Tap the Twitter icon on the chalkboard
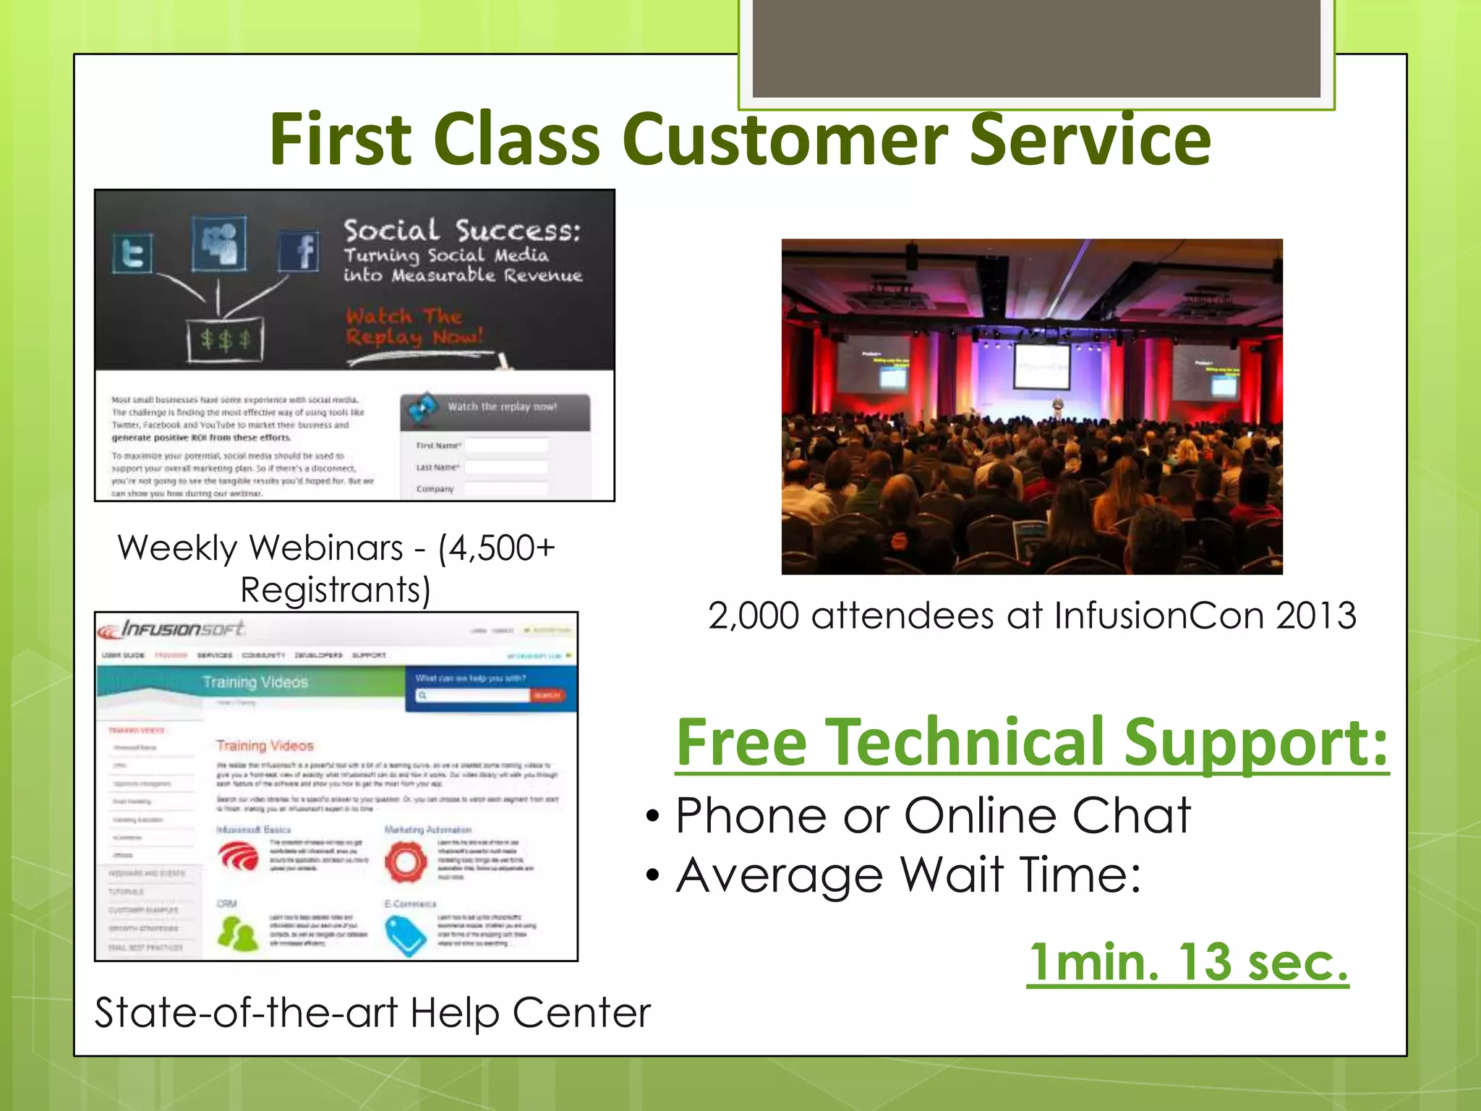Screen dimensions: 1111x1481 pos(133,253)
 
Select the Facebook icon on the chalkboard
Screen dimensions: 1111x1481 pos(299,251)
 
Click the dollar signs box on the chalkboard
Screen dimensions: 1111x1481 pos(226,340)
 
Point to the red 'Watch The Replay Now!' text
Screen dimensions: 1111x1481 pos(414,326)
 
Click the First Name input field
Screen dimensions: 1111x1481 pos(506,446)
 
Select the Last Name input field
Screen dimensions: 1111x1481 pos(506,467)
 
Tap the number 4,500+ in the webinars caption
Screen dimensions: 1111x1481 pos(497,548)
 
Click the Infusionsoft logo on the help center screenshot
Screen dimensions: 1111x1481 pos(172,629)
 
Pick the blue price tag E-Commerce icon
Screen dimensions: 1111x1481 pos(406,935)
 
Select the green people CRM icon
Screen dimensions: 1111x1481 pos(237,934)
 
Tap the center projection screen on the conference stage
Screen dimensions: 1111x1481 pos(1042,367)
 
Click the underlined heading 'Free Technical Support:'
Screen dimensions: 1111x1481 pos(1032,743)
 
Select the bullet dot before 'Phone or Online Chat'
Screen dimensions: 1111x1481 pos(653,817)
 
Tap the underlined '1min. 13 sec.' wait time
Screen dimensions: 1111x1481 pos(1187,963)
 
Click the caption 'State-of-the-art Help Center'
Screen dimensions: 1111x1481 pos(372,1013)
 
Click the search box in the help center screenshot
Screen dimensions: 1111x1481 pos(474,695)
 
